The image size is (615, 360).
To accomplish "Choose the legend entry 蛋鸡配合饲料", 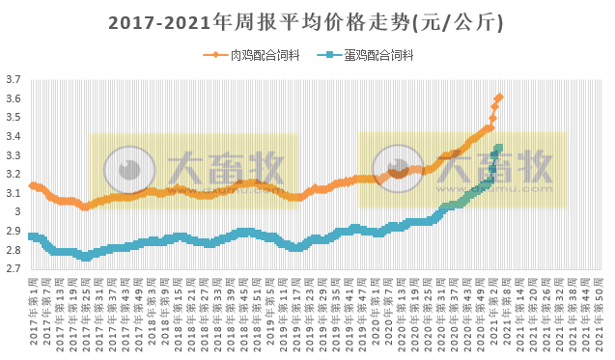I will coord(378,55).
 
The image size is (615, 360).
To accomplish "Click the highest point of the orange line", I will coord(499,97).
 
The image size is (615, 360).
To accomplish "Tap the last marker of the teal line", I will coord(498,148).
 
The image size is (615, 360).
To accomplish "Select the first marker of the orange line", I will coord(32,185).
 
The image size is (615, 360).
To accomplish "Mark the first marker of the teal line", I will coord(32,236).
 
